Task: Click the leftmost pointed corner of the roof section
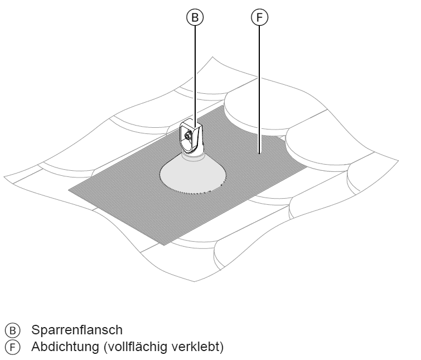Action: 4,177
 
